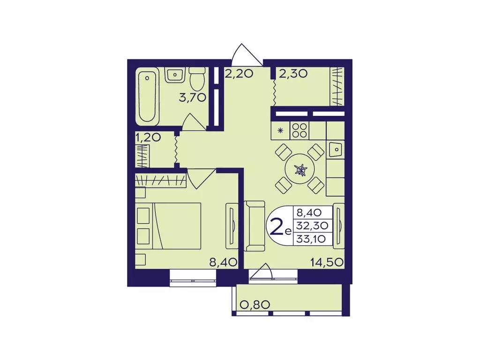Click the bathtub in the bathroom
pyautogui.click(x=147, y=96)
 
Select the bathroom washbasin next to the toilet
pyautogui.click(x=174, y=75)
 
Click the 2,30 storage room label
pyautogui.click(x=293, y=74)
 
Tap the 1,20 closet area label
pyautogui.click(x=148, y=138)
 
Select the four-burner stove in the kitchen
pyautogui.click(x=300, y=130)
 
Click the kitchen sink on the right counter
pyautogui.click(x=336, y=150)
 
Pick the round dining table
pyautogui.click(x=300, y=169)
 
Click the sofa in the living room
pyautogui.click(x=254, y=226)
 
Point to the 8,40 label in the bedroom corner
pyautogui.click(x=224, y=262)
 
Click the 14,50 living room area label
pyautogui.click(x=327, y=262)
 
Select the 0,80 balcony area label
pyautogui.click(x=255, y=305)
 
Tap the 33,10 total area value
pyautogui.click(x=311, y=239)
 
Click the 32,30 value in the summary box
pyautogui.click(x=312, y=225)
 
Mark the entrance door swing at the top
pyautogui.click(x=247, y=55)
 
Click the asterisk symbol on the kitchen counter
pyautogui.click(x=280, y=131)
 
